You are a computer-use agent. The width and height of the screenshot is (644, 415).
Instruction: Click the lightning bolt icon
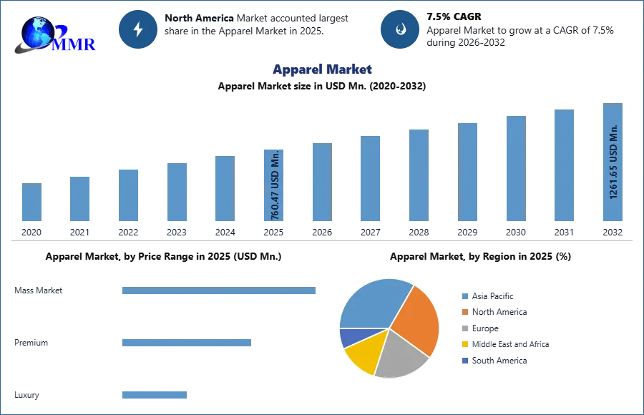(x=138, y=29)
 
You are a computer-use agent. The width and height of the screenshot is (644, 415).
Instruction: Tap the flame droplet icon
(x=400, y=29)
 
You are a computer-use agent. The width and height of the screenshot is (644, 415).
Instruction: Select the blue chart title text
(x=321, y=69)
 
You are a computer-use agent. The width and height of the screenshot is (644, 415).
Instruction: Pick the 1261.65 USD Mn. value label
(x=613, y=163)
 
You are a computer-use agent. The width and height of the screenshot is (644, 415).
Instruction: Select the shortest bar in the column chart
(x=31, y=203)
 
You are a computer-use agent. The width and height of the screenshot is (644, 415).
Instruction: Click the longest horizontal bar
(x=220, y=291)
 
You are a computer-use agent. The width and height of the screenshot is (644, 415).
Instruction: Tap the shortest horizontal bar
(x=154, y=394)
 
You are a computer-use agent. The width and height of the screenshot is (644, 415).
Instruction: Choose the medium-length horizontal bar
(x=186, y=343)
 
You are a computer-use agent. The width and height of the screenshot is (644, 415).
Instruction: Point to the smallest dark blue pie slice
(x=350, y=336)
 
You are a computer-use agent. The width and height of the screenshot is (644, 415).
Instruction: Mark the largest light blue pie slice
(x=372, y=301)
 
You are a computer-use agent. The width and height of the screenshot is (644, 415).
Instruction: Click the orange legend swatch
(x=464, y=311)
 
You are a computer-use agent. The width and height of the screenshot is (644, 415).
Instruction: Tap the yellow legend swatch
(x=464, y=343)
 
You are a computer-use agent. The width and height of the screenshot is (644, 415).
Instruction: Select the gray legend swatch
(x=464, y=327)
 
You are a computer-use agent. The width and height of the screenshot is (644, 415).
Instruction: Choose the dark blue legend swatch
(x=464, y=361)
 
